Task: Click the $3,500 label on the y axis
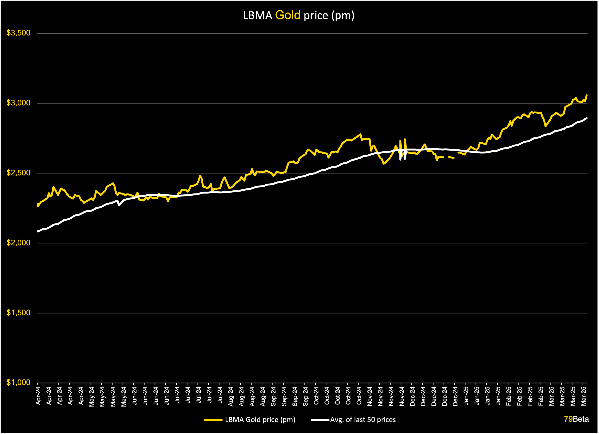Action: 18,33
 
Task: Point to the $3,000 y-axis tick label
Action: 18,103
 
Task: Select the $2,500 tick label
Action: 18,173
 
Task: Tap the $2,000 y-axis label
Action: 18,243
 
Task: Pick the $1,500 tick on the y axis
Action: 18,313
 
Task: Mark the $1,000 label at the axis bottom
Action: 18,383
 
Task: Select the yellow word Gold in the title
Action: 288,15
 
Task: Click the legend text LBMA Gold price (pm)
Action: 260,420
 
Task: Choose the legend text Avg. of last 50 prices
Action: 363,420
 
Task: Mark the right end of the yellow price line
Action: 587,95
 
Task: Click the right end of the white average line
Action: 587,118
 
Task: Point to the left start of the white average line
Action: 38,231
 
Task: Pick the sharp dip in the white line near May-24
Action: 119,205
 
